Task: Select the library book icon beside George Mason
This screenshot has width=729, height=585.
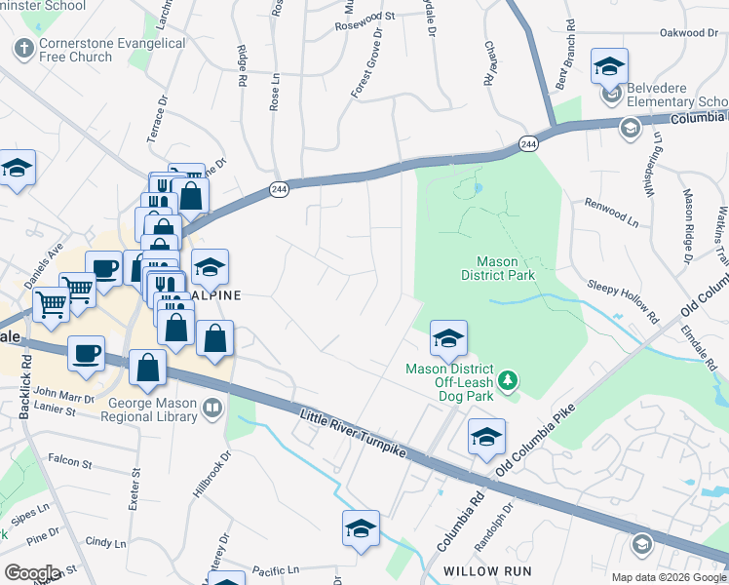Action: (212, 408)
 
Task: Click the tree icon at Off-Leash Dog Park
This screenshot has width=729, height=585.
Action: (506, 379)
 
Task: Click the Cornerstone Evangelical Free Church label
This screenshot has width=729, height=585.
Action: (112, 51)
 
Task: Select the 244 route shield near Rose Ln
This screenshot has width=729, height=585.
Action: (278, 191)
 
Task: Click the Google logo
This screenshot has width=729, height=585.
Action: (32, 573)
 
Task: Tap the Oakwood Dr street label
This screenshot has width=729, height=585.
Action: (688, 33)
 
